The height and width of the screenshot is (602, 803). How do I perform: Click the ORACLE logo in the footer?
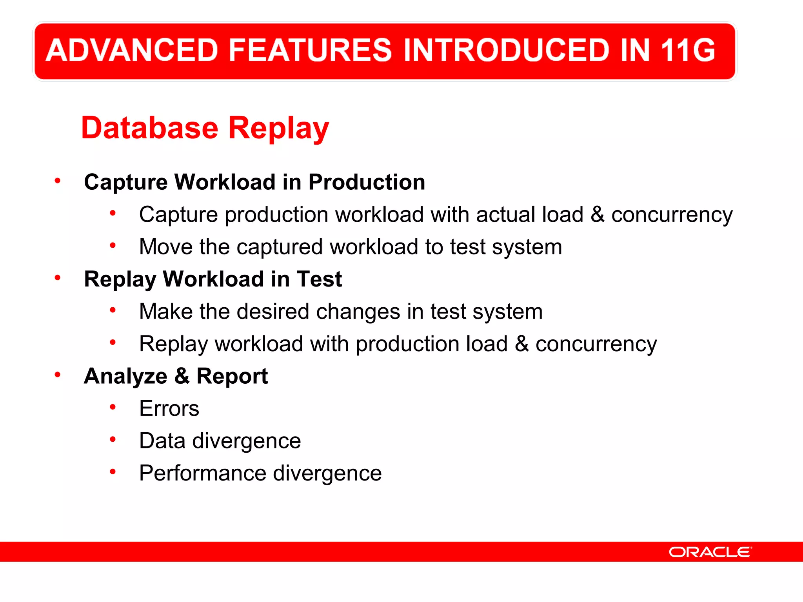[710, 552]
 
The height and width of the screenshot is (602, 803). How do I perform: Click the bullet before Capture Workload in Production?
[58, 181]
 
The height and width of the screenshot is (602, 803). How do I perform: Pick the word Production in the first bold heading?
[367, 183]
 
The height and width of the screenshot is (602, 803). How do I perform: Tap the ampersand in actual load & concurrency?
[597, 214]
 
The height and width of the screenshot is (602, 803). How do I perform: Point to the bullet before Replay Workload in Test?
[58, 278]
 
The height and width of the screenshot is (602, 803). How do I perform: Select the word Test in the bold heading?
[319, 279]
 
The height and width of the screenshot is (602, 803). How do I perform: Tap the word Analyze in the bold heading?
[125, 376]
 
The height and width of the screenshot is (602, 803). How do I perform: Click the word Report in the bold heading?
[232, 376]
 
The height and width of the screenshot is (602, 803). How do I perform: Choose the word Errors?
[169, 408]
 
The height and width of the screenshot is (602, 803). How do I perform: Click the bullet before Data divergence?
[113, 439]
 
